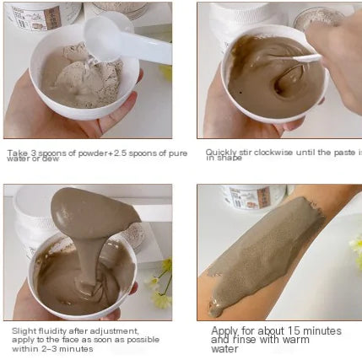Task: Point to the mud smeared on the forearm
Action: [270, 253]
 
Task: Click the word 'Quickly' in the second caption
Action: [219, 153]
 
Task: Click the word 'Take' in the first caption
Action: [16, 153]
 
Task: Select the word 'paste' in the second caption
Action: [343, 153]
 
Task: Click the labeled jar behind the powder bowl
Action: [42, 13]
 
